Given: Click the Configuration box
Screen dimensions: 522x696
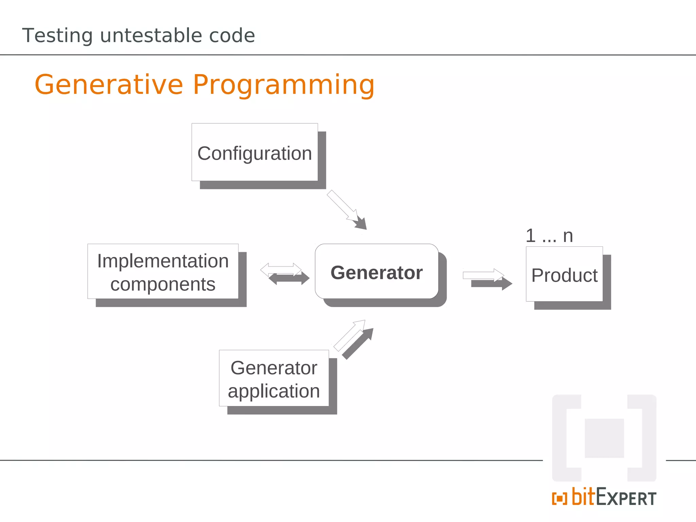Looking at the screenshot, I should (255, 153).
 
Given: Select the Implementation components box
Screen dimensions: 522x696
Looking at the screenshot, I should (163, 272).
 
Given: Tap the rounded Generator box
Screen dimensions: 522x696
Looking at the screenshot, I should (377, 272).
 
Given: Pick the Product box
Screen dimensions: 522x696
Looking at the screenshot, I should (564, 274).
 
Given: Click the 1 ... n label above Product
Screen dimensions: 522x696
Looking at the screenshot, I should (549, 236).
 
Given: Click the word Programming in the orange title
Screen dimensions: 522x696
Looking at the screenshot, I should (284, 85).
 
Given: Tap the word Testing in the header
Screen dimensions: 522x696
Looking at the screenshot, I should (57, 36).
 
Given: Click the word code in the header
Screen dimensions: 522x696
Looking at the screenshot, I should (232, 35).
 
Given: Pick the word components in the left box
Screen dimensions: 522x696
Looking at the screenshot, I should (163, 284).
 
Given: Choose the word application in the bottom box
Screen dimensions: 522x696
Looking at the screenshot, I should (274, 391).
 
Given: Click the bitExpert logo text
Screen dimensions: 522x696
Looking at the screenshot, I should (614, 498).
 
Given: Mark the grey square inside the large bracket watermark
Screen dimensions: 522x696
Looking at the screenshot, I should (604, 438).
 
